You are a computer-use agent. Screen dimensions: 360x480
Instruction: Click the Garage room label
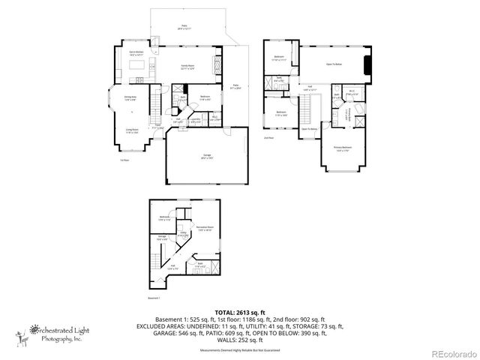[205, 157]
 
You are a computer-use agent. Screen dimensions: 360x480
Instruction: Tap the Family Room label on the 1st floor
[187, 67]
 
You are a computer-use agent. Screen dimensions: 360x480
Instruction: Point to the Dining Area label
[130, 97]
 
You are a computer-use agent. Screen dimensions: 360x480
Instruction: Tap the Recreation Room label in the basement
[205, 227]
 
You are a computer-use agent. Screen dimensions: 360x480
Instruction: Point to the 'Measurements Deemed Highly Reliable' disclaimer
[240, 351]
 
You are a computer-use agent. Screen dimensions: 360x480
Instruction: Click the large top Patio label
[184, 27]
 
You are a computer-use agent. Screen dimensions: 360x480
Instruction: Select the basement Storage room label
[161, 239]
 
